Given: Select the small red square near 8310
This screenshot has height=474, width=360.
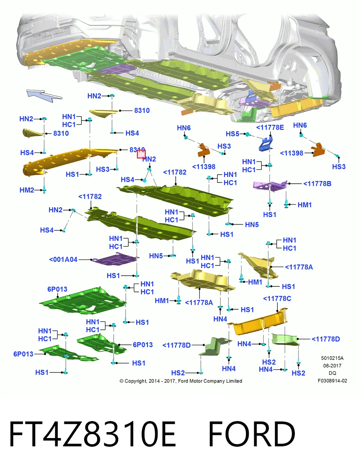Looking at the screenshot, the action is tap(141, 154).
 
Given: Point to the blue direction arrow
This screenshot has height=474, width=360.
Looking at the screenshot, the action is tap(44, 96).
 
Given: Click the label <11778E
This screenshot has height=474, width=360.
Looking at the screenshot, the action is tap(270, 128).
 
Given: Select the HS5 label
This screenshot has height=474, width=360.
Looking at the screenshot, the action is tap(232, 134).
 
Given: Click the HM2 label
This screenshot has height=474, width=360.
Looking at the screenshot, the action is tap(27, 190).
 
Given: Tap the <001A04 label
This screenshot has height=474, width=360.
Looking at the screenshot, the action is tap(63, 260).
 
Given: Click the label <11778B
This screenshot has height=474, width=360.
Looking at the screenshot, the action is tap(317, 184).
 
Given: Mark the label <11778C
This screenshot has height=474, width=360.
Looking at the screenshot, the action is tap(277, 299).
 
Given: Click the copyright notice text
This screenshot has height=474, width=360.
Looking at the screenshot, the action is tap(181, 381).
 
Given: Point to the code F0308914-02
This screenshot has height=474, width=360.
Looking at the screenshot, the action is tap(332, 381).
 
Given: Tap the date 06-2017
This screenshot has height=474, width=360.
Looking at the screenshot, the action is tap(332, 366).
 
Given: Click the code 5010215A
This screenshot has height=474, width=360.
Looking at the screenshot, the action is tap(332, 358).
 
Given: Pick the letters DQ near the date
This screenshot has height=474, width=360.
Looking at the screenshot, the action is tap(332, 373).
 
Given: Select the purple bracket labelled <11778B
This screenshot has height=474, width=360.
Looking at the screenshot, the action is tap(270, 186).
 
